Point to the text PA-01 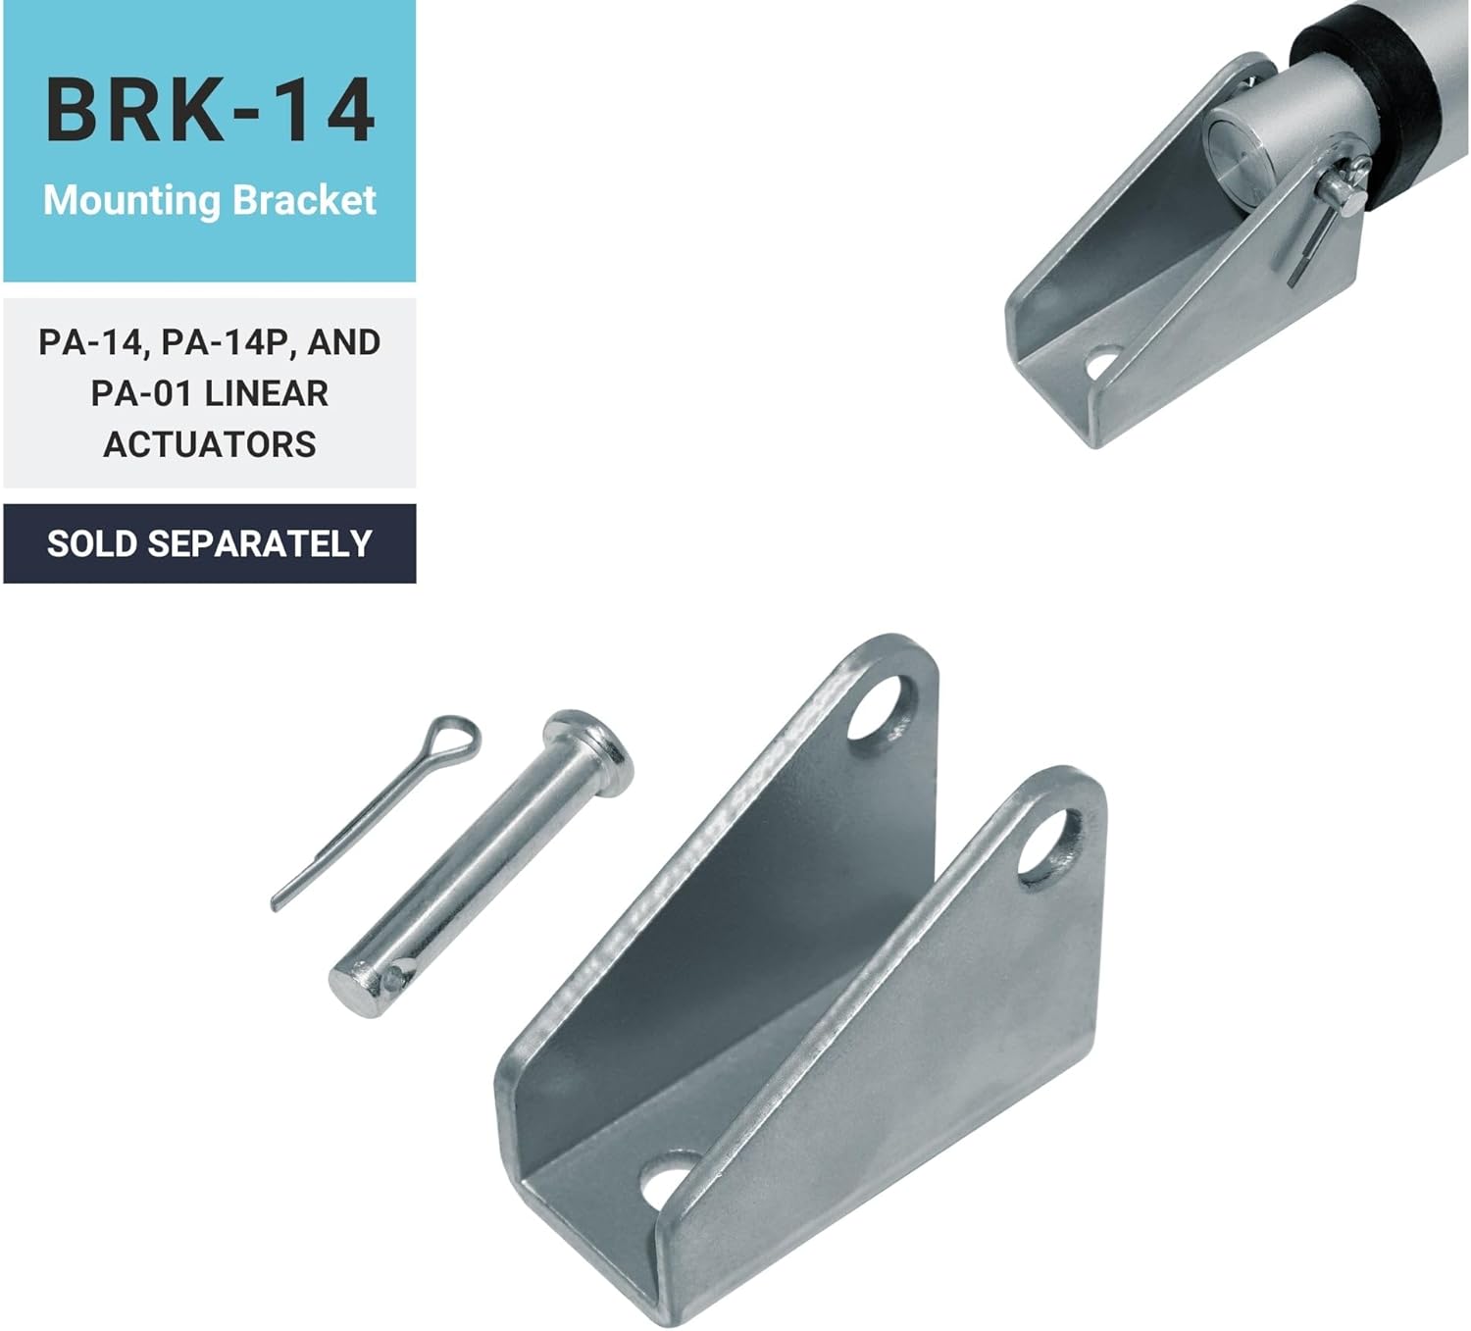click(141, 393)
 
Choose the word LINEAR click(266, 393)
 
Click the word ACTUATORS click(210, 444)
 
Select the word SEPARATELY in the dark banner click(260, 543)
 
